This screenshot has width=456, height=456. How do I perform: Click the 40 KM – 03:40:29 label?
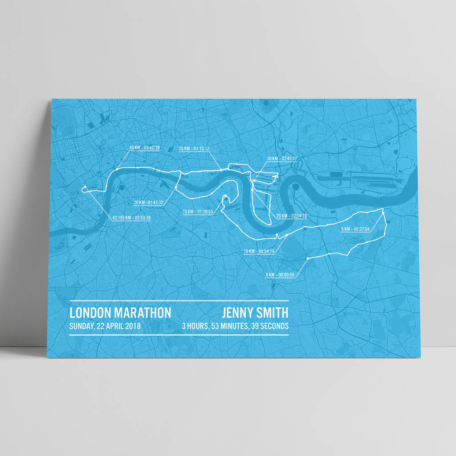tap(144, 148)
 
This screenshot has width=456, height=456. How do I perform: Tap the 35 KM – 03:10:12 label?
tap(194, 148)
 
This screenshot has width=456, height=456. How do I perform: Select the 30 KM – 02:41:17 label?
tap(282, 159)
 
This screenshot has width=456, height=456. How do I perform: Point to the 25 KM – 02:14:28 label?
tap(292, 216)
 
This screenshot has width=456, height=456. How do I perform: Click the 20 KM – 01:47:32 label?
tap(148, 203)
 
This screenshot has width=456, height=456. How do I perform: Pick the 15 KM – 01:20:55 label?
tap(198, 212)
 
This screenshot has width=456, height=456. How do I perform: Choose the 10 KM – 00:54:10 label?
tap(259, 252)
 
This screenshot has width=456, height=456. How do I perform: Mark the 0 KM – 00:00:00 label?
tap(280, 275)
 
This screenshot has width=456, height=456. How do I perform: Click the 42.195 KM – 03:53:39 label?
tap(131, 218)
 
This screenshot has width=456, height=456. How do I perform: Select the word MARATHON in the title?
tap(142, 313)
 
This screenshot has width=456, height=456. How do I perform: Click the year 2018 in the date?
tap(133, 326)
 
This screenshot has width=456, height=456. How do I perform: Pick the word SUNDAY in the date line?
tap(81, 326)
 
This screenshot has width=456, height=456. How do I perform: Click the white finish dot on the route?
tap(84, 188)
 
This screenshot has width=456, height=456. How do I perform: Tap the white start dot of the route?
tap(308, 258)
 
